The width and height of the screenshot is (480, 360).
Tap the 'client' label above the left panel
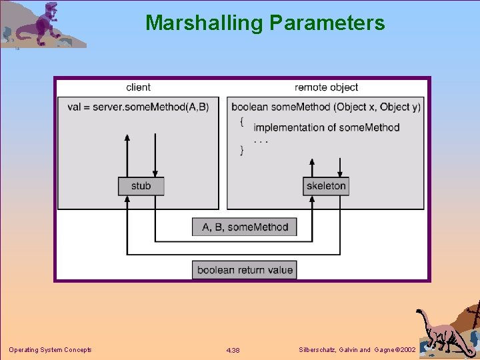[138, 87]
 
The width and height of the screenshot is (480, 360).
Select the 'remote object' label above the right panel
[326, 87]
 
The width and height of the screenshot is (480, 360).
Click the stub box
[141, 186]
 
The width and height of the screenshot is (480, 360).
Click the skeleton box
[326, 186]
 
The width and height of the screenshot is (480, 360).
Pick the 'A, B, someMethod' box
[245, 227]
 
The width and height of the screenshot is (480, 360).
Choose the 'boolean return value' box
[245, 270]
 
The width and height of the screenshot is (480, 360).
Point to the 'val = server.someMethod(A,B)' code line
[138, 107]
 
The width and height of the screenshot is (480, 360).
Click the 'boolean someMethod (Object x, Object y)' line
[326, 107]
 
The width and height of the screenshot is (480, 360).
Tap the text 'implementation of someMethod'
[326, 127]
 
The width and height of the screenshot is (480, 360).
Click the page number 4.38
[233, 350]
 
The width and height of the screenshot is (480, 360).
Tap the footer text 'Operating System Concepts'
[50, 350]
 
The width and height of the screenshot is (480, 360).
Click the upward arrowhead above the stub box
[127, 137]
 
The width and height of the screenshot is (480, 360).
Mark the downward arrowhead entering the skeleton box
[340, 173]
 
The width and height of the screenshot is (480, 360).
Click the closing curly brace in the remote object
[242, 151]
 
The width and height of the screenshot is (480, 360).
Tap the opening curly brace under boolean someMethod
[242, 121]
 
